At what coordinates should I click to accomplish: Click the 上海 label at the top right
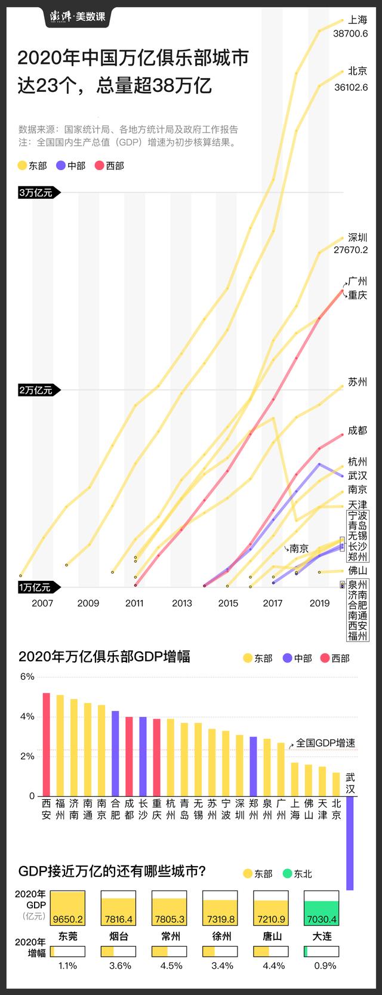(x=358, y=20)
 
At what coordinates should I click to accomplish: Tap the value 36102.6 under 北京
(x=351, y=87)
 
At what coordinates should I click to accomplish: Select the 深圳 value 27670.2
(x=351, y=250)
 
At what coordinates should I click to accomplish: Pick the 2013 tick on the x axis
(x=182, y=603)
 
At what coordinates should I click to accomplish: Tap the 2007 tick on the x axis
(x=42, y=603)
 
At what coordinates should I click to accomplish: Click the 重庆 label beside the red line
(x=358, y=295)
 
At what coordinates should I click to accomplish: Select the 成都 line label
(x=358, y=430)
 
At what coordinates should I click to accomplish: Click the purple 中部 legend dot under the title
(x=60, y=166)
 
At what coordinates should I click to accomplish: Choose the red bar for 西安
(x=46, y=744)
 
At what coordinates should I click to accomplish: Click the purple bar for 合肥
(x=115, y=753)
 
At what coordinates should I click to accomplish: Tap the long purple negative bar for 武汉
(x=350, y=843)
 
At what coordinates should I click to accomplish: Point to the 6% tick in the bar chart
(x=27, y=677)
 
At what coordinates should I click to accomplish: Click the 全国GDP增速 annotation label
(x=325, y=743)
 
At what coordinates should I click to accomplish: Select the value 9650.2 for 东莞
(x=67, y=919)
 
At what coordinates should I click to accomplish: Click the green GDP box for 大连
(x=322, y=909)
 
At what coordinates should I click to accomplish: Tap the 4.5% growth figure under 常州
(x=171, y=965)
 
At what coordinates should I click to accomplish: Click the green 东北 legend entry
(x=296, y=874)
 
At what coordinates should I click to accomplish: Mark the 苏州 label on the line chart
(x=358, y=382)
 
